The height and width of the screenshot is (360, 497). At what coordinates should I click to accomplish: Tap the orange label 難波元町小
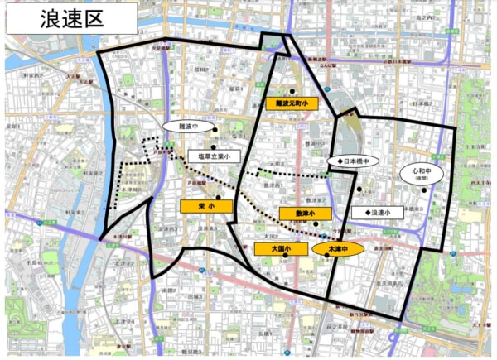(x=291, y=103)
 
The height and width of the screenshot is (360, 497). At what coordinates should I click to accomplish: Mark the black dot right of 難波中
(x=215, y=130)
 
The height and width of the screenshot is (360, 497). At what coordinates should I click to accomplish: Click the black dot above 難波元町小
(x=292, y=90)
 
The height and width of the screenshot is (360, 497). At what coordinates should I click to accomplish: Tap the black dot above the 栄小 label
(x=219, y=197)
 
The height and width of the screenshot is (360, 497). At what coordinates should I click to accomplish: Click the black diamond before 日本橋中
(x=330, y=161)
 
